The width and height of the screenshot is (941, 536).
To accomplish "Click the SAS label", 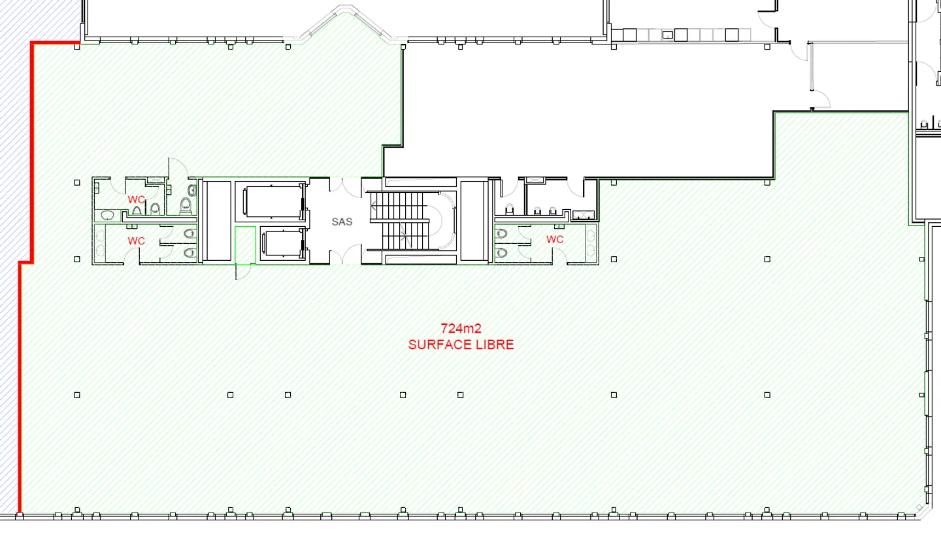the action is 342,222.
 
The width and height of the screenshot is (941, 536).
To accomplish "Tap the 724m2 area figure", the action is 461,329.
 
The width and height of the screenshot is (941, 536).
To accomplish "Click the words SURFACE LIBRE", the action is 461,345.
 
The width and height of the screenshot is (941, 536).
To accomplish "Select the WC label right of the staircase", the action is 555,239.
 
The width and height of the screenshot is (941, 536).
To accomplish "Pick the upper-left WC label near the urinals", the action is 137,199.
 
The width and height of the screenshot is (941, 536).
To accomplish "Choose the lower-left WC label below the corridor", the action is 137,241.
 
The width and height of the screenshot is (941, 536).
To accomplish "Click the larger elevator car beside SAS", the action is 273,201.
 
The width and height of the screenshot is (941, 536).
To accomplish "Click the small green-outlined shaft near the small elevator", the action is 245,245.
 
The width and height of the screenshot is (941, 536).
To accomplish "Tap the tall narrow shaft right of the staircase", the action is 472,221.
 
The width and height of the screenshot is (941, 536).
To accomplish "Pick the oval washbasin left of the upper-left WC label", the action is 108,216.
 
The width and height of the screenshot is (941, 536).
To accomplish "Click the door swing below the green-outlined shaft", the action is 243,271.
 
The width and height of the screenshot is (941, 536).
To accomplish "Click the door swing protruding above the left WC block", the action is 178,168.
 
